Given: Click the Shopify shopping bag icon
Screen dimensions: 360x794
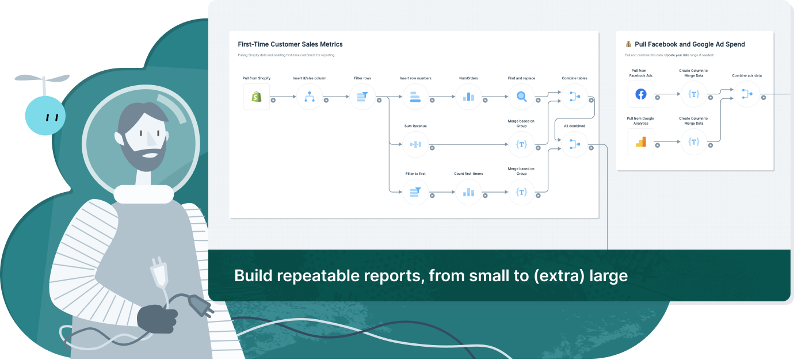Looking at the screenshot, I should point(257,97).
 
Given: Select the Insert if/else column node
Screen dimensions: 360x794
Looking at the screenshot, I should point(310,97).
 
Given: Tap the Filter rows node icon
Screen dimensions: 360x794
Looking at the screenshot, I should point(362,97).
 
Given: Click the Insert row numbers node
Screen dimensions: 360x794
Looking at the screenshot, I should point(415,97).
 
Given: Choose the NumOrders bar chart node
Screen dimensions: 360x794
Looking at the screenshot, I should point(468,97).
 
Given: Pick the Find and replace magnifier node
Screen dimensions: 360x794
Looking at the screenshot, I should point(521,97).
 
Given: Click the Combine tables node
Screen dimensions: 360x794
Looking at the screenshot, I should point(574,97).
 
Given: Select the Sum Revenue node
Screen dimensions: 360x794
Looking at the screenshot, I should point(415,144).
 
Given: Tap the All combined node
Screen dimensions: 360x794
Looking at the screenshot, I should point(574,144).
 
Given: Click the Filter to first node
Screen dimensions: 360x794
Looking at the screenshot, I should point(415,192).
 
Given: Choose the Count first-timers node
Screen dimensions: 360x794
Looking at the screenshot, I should point(468,192).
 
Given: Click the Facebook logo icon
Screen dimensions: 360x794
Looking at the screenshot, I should point(641,94).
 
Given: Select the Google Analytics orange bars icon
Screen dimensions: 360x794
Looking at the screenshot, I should point(641,141).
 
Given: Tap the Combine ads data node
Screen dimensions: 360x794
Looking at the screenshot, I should point(747,94).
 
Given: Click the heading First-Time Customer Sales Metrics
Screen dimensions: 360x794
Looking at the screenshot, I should point(290,44).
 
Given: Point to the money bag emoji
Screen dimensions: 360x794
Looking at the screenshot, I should point(628,44).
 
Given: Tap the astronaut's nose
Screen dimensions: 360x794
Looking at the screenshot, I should point(152,137).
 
